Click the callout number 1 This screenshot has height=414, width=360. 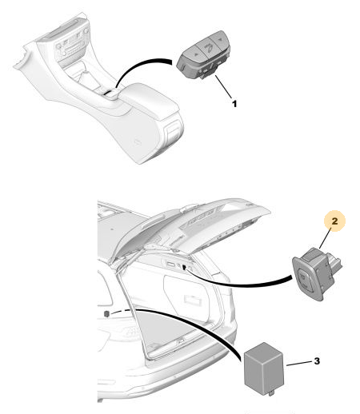(x=234, y=104)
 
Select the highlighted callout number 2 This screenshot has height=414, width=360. (x=334, y=221)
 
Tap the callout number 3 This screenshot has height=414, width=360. (x=317, y=361)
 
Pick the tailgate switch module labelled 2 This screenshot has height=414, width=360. (x=315, y=274)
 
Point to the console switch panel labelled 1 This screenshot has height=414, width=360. (x=203, y=55)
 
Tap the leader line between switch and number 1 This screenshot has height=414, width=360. (x=223, y=87)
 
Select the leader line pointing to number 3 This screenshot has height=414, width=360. (x=299, y=364)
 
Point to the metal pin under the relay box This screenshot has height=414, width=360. (x=271, y=392)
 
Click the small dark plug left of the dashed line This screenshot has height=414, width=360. (x=106, y=313)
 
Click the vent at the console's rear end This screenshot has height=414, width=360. (x=173, y=131)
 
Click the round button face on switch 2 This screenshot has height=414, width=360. (x=303, y=277)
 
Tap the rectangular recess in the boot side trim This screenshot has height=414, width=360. (x=194, y=300)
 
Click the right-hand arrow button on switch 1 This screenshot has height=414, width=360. (x=220, y=39)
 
